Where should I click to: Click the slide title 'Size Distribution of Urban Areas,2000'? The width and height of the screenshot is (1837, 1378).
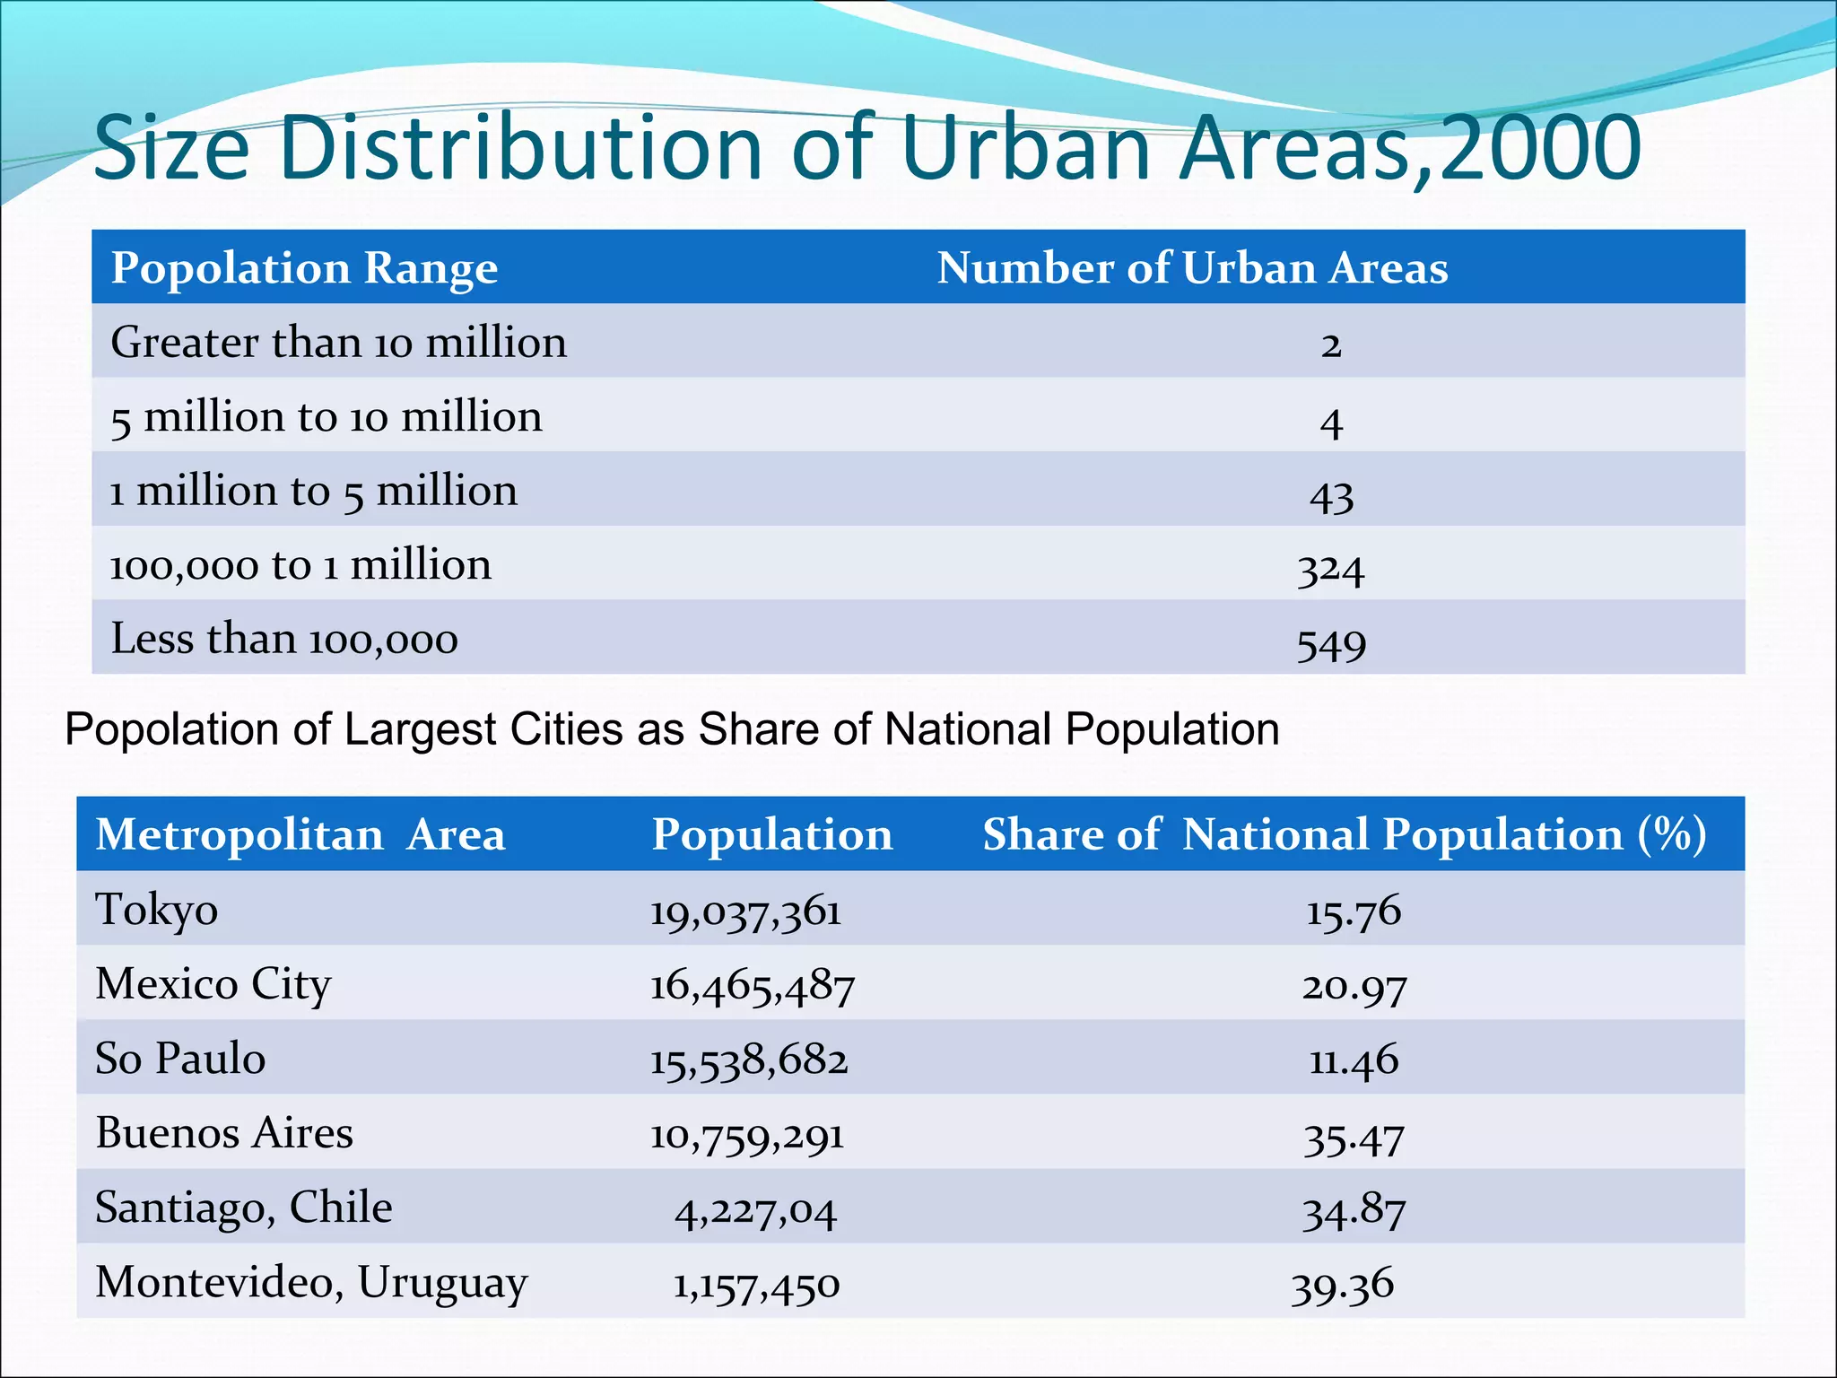(x=866, y=148)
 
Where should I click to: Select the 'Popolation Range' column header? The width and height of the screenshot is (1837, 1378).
(x=304, y=268)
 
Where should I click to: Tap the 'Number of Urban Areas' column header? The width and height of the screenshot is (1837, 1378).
(x=1192, y=268)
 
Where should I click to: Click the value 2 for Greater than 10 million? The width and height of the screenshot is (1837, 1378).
(x=1331, y=344)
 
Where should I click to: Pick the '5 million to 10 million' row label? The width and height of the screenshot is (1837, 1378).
(x=326, y=418)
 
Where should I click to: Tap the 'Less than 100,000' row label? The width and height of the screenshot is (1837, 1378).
(x=284, y=640)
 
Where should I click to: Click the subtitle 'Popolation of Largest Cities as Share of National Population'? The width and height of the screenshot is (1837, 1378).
(x=672, y=729)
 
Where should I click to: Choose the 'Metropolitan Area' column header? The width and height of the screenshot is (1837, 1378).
(x=300, y=835)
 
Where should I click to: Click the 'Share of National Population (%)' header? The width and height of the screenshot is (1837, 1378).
(x=1344, y=835)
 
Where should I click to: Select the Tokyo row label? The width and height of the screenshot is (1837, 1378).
(x=157, y=910)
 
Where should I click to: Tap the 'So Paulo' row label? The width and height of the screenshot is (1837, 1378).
(x=180, y=1059)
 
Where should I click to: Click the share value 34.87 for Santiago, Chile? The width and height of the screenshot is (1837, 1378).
(x=1354, y=1211)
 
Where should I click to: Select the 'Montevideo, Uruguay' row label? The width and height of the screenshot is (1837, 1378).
(x=311, y=1283)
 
